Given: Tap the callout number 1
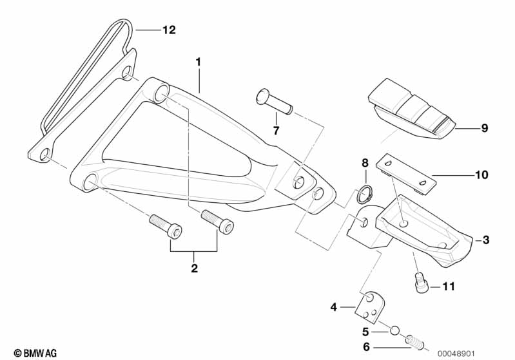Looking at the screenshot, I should (199, 62).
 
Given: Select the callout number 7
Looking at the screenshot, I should (276, 131).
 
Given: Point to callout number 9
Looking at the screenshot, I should (484, 128).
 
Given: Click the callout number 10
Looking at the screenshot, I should (481, 175).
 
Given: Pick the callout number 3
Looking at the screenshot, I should (485, 240).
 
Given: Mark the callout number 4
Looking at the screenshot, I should (334, 307).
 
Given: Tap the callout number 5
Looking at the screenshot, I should (365, 332).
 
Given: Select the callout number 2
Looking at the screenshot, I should (194, 268).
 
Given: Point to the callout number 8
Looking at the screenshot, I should (364, 163).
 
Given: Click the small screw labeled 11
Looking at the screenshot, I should (420, 281).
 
